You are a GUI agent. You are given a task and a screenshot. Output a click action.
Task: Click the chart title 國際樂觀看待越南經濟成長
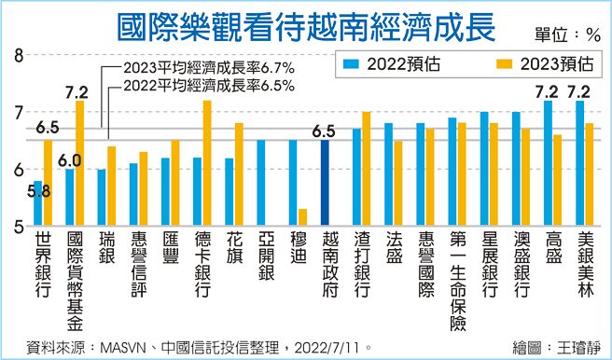tap(306, 26)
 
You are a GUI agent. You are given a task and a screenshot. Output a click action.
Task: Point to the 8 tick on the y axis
tap(18, 57)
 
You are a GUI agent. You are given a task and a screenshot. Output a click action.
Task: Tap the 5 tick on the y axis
tap(18, 226)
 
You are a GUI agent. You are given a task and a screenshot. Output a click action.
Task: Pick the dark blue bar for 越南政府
tap(326, 183)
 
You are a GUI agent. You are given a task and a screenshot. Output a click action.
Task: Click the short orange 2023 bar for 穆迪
tap(303, 217)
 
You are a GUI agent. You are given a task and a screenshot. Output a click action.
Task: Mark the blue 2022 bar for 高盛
tap(547, 163)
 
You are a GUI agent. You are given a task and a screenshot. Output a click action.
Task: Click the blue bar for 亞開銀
tap(261, 183)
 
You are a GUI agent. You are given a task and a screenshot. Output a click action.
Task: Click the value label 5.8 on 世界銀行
tap(38, 191)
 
